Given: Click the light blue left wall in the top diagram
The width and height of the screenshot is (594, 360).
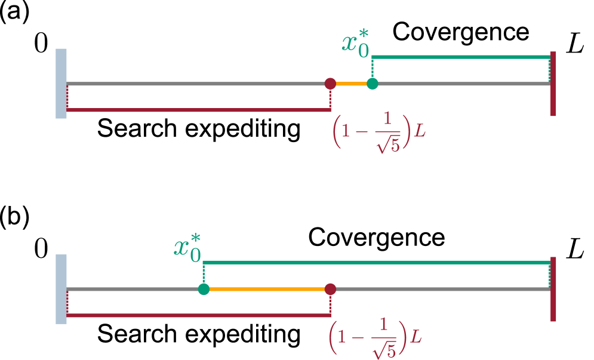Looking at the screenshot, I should tap(61, 84).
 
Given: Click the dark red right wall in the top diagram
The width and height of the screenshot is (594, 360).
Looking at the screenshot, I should tap(553, 84).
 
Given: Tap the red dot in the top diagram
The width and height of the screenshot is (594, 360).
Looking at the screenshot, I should tap(330, 84).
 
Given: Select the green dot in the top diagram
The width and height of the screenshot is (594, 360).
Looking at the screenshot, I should tap(373, 84).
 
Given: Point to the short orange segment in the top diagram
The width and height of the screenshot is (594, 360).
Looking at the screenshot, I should tap(352, 84).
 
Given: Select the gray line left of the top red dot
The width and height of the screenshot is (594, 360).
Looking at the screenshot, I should tap(197, 84).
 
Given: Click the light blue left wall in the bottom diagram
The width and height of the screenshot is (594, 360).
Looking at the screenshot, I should tap(61, 289).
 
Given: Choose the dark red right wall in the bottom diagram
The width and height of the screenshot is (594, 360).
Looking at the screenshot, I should tap(553, 289).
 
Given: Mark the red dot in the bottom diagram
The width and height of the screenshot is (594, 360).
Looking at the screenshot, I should tap(330, 289).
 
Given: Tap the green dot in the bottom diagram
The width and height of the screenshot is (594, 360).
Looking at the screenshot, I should tap(204, 289).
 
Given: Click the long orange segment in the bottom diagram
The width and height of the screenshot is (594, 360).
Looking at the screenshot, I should tap(267, 289).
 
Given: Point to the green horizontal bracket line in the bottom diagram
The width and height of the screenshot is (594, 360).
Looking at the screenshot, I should tap(376, 262).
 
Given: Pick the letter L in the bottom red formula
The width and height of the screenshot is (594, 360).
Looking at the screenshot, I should tap(416, 337).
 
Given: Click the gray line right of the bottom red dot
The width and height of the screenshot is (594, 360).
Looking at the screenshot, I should tap(442, 289).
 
